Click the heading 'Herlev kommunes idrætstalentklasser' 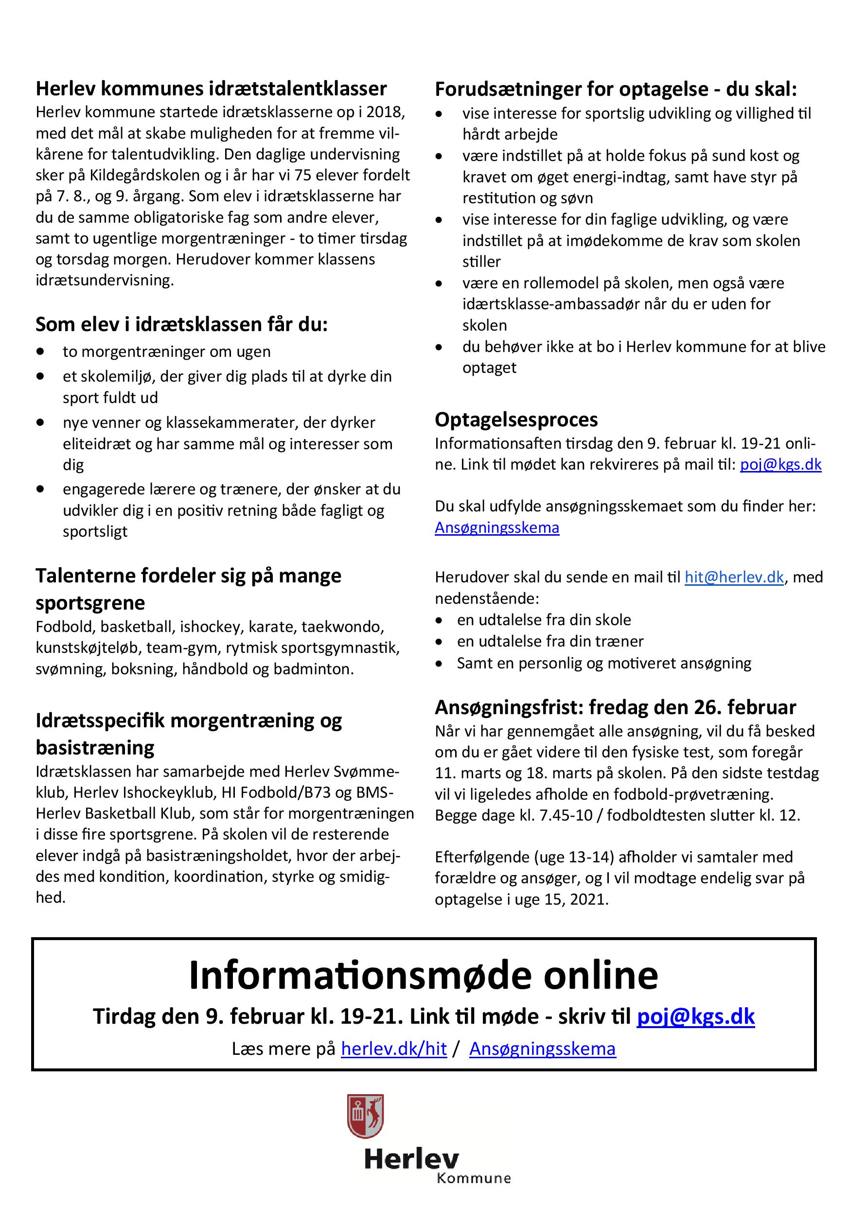[x=211, y=89]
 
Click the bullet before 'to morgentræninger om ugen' [x=40, y=351]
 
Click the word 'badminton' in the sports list [x=320, y=669]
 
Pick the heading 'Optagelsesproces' [x=516, y=419]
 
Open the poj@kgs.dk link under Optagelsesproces [x=780, y=464]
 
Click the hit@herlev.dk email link [x=734, y=577]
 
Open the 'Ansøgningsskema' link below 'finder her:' [x=497, y=527]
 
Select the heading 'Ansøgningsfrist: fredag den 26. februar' [x=615, y=708]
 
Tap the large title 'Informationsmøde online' [x=424, y=976]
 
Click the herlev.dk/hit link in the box [x=394, y=1049]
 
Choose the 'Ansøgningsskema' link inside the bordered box [x=542, y=1049]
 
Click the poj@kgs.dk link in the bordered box [x=695, y=1016]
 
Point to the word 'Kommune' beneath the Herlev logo [x=473, y=1178]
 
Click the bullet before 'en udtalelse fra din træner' [x=439, y=641]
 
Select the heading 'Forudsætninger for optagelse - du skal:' [x=616, y=89]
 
